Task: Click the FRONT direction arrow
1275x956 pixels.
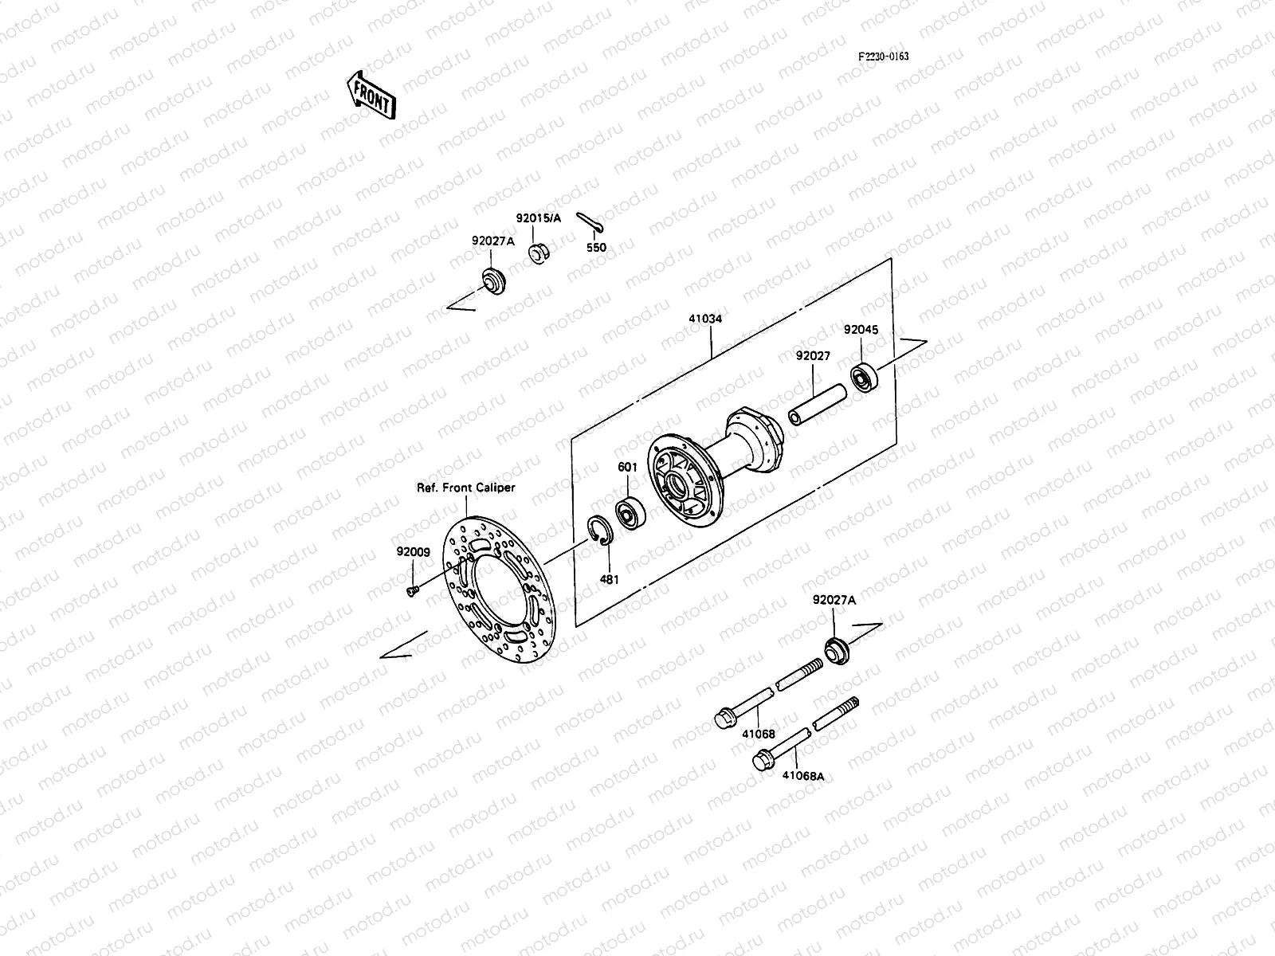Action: click(x=371, y=94)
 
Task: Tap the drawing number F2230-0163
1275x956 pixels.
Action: click(x=883, y=57)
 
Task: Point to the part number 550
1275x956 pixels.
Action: click(x=596, y=248)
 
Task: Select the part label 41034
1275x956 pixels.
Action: click(x=705, y=319)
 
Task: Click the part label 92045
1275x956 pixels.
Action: click(x=861, y=329)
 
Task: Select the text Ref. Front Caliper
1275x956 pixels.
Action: click(x=466, y=488)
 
